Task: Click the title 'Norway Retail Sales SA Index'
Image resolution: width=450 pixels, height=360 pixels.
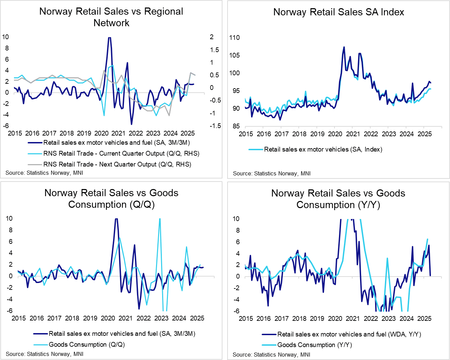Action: [x=339, y=12]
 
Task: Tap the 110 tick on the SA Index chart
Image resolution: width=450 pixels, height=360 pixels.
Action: [x=235, y=37]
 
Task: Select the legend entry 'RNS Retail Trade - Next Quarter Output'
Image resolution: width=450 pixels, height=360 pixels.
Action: [x=117, y=165]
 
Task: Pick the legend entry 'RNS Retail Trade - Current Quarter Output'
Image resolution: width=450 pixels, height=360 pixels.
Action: [x=121, y=154]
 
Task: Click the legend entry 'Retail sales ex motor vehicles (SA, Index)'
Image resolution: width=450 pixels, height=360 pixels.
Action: [x=323, y=150]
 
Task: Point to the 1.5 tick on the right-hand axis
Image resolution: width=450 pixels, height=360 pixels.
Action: [x=214, y=50]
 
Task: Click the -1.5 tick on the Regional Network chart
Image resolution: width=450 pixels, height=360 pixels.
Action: [x=215, y=126]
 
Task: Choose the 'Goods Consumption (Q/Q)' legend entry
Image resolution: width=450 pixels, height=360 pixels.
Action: [x=87, y=345]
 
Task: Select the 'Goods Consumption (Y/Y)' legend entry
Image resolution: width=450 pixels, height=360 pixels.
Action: [x=314, y=345]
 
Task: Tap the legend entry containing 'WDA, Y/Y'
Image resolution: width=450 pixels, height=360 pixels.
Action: [x=349, y=334]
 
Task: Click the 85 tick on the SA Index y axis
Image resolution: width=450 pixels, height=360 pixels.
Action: [x=236, y=126]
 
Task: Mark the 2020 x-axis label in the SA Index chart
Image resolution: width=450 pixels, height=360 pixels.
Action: [x=335, y=134]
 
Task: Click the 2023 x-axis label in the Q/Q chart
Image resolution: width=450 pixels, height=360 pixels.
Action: [x=161, y=318]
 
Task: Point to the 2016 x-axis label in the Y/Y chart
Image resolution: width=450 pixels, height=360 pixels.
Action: [x=264, y=319]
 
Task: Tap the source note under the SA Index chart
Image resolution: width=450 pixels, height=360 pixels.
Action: [x=271, y=174]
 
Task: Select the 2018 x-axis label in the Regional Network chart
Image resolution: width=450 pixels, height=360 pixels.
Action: [x=67, y=134]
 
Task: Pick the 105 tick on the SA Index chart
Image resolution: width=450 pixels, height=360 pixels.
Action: [x=235, y=55]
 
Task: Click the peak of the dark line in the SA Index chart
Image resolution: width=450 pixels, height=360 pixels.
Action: [x=344, y=47]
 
